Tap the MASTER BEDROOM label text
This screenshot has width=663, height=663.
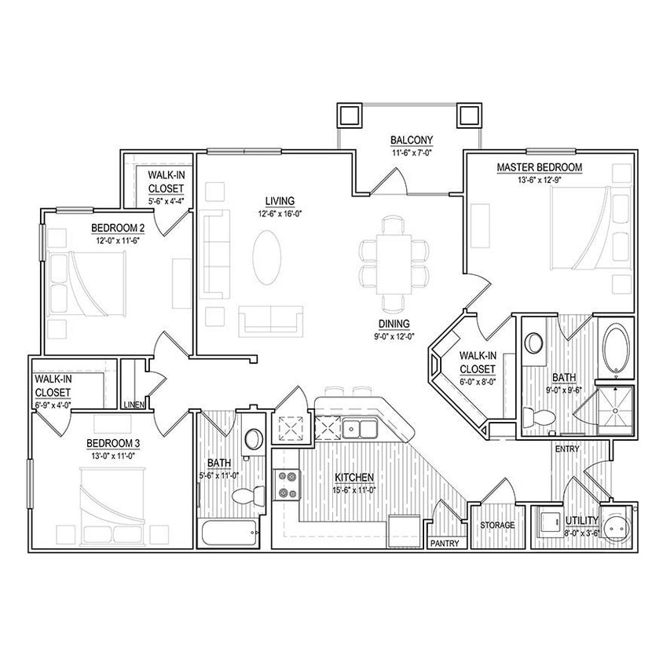[539, 167]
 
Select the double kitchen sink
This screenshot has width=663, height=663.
[361, 428]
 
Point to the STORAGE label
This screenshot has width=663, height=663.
[498, 525]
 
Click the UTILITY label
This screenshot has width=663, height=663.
[581, 520]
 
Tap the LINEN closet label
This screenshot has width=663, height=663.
[134, 405]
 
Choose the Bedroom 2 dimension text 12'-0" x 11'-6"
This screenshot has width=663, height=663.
[119, 240]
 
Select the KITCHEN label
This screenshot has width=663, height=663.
[353, 477]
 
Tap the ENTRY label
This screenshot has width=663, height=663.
[566, 449]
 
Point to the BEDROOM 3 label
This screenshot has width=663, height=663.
[112, 443]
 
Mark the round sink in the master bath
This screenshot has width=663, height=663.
[534, 343]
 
